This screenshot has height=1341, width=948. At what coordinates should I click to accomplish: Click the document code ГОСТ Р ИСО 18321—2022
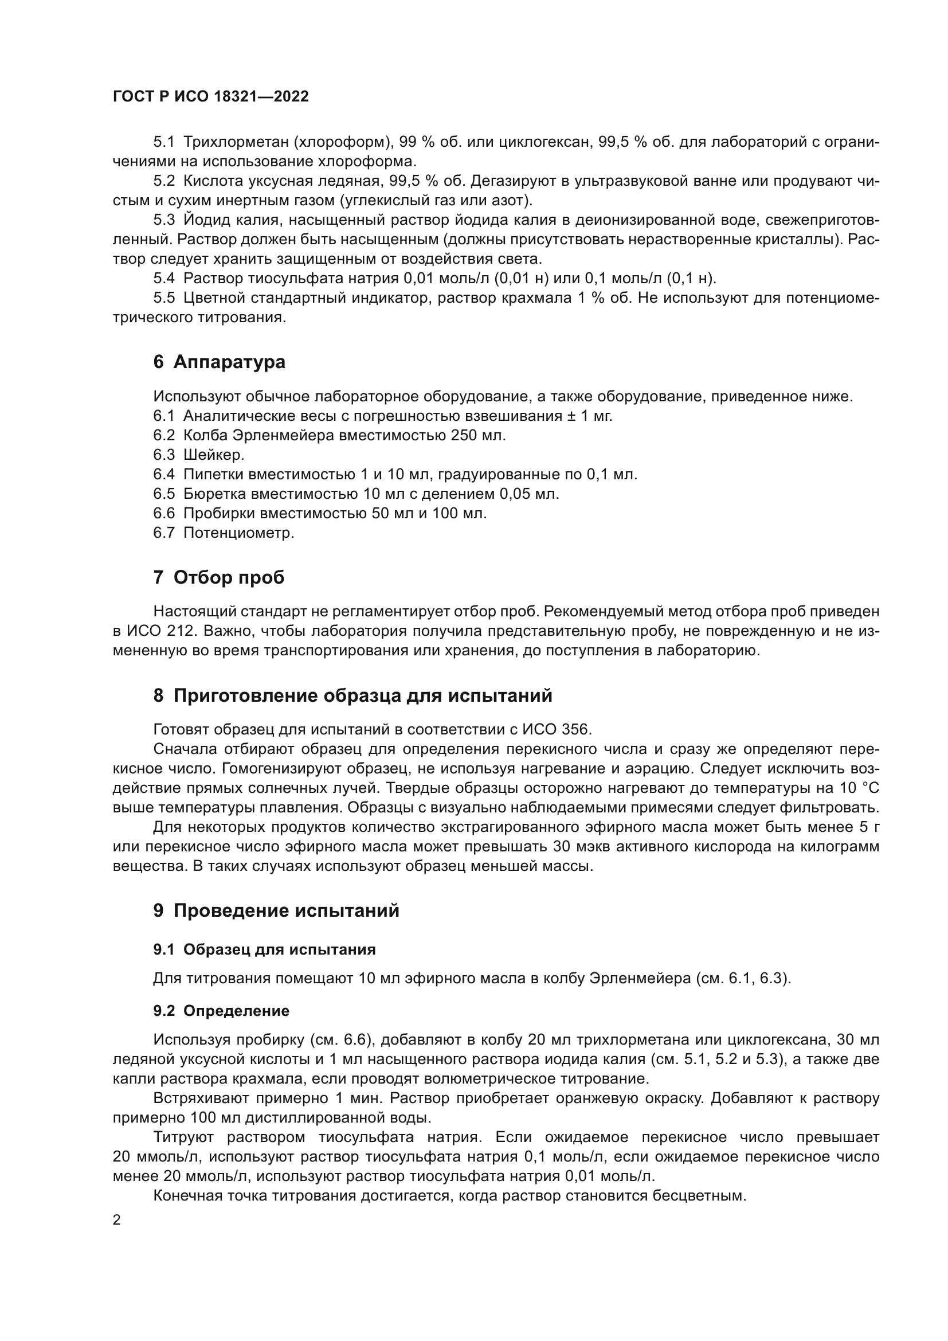pos(211,97)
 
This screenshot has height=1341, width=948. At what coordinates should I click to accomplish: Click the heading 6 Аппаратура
pos(220,362)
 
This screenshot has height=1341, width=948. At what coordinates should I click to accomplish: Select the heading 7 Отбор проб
pos(219,578)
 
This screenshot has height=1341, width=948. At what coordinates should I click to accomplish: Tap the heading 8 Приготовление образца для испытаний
pos(352,695)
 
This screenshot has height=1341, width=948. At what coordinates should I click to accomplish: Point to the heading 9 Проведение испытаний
pos(276,910)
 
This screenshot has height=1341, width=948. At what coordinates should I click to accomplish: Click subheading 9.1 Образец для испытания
pos(264,949)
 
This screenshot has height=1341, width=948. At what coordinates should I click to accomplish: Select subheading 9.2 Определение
pos(221,1011)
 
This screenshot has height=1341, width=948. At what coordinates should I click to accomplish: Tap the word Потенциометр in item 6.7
pos(239,533)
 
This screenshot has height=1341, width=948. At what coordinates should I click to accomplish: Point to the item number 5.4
pos(164,279)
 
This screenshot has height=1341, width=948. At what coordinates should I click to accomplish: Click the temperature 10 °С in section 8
pos(859,788)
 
